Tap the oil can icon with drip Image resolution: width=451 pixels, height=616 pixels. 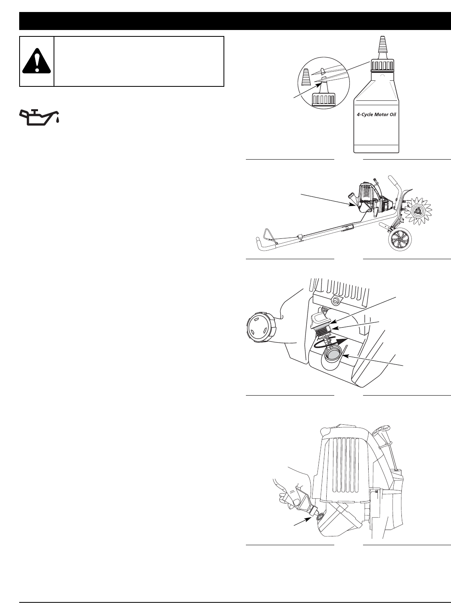point(40,116)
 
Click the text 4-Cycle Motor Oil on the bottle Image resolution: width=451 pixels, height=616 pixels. point(377,114)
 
